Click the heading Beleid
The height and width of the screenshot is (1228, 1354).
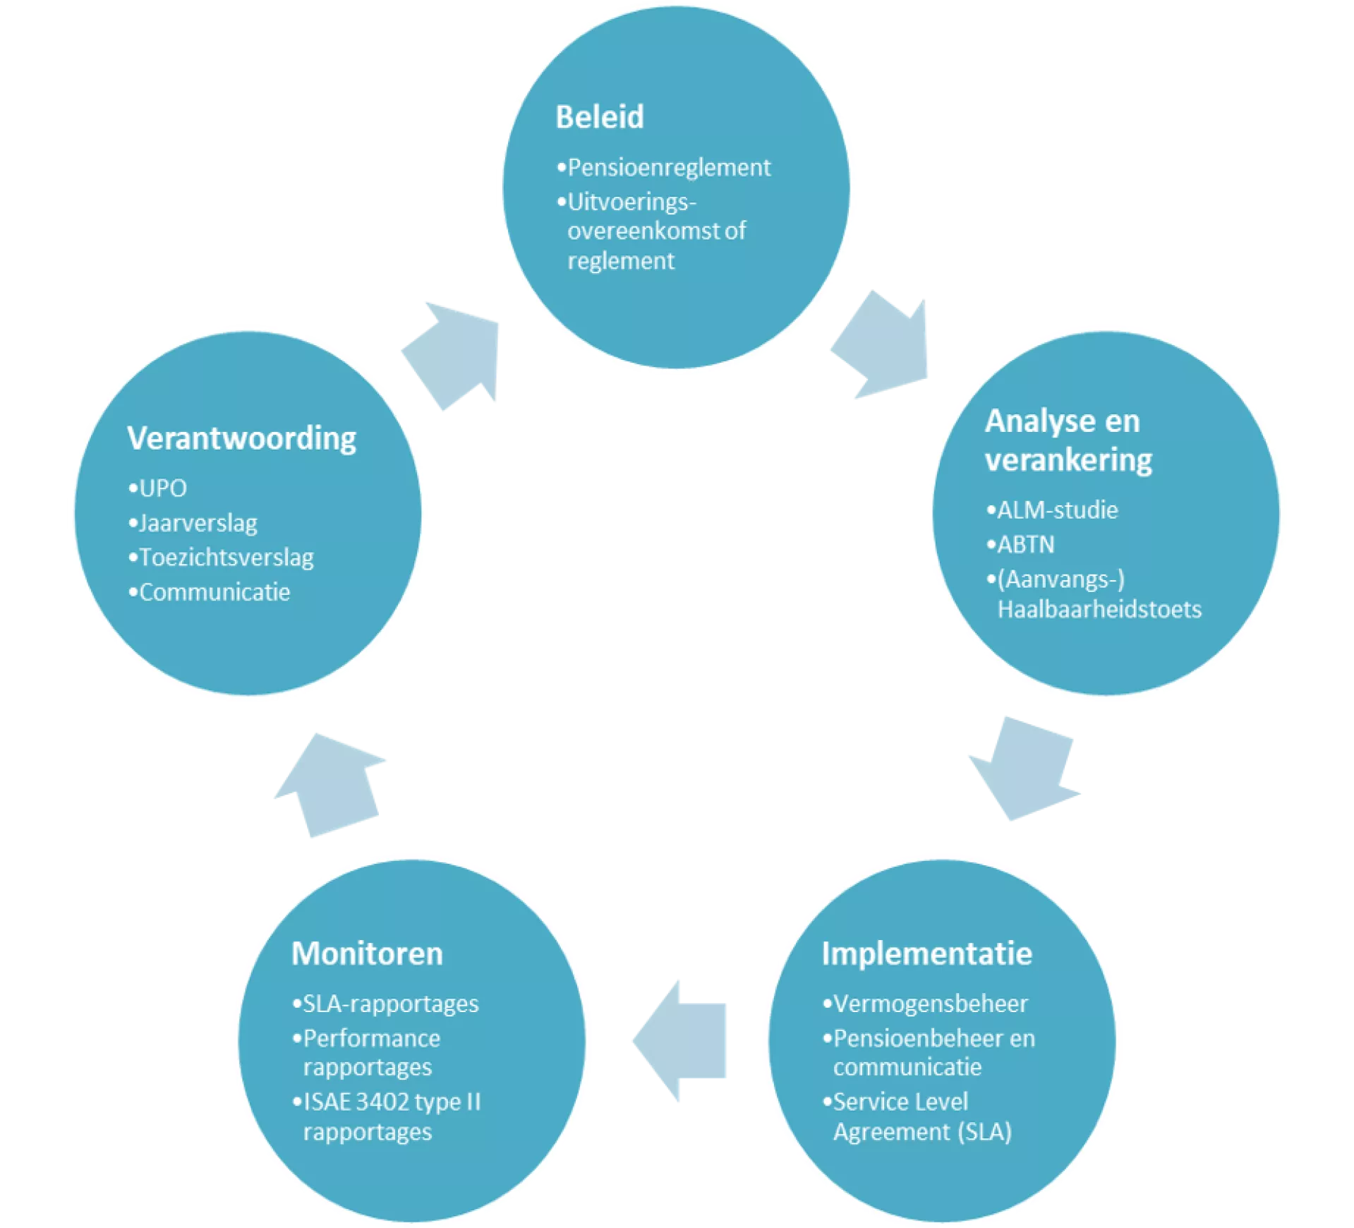pos(599,117)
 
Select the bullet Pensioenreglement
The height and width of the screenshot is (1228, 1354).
pos(668,168)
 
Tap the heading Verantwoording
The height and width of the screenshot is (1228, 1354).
pos(241,438)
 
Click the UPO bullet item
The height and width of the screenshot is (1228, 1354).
pos(162,488)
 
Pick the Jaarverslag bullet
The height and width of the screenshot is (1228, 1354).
pos(198,523)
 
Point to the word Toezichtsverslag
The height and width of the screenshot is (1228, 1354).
pos(226,558)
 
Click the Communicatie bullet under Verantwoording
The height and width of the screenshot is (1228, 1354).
pos(214,592)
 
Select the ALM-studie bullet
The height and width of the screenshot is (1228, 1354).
pos(1057,510)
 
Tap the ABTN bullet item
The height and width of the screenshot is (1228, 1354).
pos(1025,545)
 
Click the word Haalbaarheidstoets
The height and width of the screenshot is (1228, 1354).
pos(1099,609)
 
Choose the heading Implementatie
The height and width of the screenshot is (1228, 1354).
pos(926,954)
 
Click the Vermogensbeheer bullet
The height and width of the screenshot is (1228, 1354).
pos(930,1004)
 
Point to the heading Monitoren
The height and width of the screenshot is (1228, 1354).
pos(367,954)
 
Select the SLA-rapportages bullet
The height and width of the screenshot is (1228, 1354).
pos(390,1004)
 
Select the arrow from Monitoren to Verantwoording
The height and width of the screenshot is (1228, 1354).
pos(330,783)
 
